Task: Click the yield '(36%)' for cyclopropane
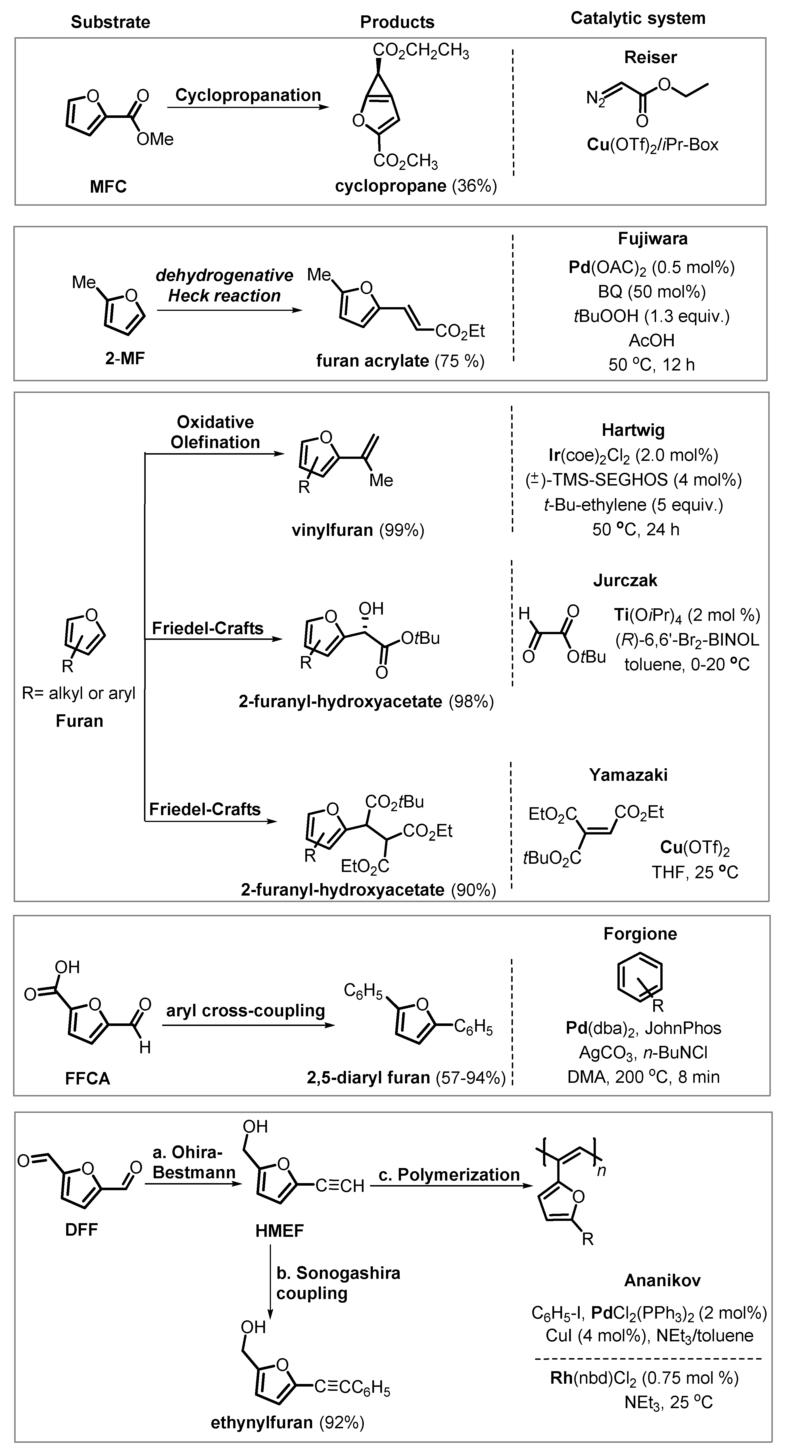pos(474,186)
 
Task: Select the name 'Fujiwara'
pos(653,238)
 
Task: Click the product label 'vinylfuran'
pos(333,530)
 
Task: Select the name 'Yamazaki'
pos(628,775)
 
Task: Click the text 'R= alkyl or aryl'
pos(79,693)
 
